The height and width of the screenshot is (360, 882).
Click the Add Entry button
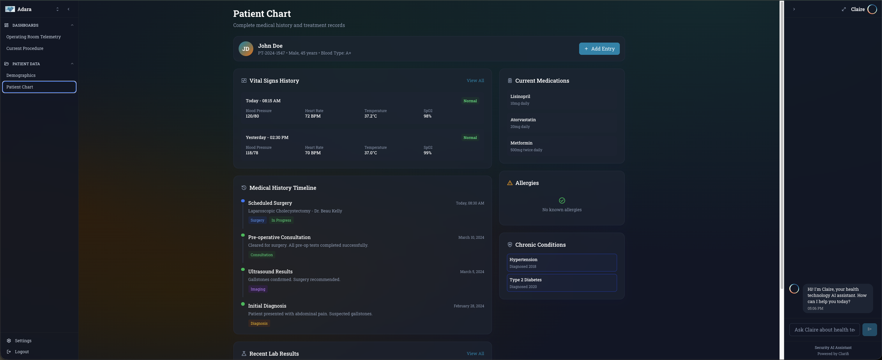click(599, 49)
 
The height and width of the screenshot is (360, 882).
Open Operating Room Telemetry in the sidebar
click(34, 37)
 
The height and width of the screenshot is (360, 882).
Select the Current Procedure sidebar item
click(25, 48)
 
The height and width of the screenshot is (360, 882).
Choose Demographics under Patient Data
click(21, 75)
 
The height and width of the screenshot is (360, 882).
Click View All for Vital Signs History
click(475, 80)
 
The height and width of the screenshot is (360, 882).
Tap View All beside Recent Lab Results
click(475, 353)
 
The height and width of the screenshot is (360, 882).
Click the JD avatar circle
click(246, 49)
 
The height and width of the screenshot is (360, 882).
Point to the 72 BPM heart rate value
click(313, 116)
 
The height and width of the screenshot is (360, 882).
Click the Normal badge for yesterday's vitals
click(470, 138)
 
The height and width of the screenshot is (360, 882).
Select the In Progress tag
click(281, 220)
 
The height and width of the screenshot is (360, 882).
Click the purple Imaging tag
click(258, 289)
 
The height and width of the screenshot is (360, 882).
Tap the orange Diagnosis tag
click(259, 323)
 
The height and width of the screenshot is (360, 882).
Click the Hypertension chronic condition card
click(562, 263)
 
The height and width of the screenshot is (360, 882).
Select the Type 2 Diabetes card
click(562, 283)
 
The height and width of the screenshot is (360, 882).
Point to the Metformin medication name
click(521, 143)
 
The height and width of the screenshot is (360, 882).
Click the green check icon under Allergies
click(562, 200)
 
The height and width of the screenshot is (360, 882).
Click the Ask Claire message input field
click(824, 330)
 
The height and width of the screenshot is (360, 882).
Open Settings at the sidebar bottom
click(23, 341)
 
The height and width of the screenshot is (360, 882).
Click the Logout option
click(22, 352)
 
